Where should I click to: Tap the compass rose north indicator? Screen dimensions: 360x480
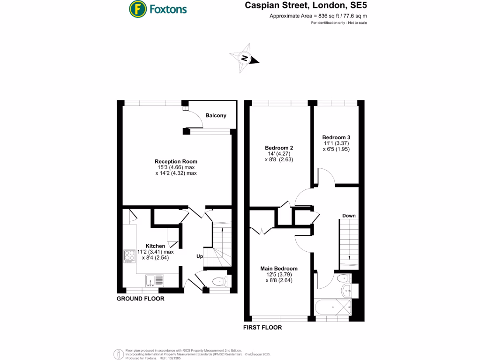click(244, 59)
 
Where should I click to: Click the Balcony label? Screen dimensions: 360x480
click(216, 115)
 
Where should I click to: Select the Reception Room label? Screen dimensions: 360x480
click(176, 161)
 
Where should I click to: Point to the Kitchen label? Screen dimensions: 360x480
click(155, 246)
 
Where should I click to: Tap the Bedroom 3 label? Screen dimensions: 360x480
click(336, 137)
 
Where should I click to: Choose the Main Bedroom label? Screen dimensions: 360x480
click(279, 269)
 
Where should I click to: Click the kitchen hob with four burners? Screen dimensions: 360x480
click(130, 256)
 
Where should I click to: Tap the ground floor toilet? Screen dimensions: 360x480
click(219, 282)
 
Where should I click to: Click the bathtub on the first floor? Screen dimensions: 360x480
click(332, 308)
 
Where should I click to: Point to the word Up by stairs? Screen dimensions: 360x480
click(199, 256)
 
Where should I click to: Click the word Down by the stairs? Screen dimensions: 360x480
click(349, 216)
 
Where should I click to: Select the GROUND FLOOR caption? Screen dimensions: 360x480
click(140, 298)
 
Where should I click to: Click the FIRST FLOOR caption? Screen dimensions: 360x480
click(262, 327)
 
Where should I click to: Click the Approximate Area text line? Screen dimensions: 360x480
click(318, 16)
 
